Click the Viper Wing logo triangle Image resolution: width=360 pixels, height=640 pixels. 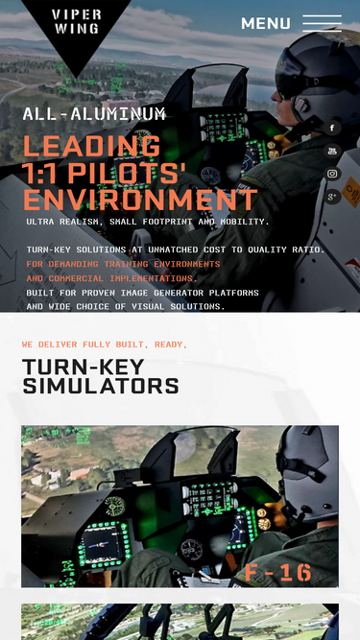[x=76, y=29]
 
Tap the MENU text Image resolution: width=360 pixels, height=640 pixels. [x=266, y=23]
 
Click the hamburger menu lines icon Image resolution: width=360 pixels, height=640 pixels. [x=322, y=23]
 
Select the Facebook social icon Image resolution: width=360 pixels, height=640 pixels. [x=332, y=129]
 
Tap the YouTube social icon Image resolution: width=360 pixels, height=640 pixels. [x=332, y=151]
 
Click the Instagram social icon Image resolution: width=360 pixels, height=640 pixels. [x=332, y=174]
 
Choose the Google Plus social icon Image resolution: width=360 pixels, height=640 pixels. [x=332, y=197]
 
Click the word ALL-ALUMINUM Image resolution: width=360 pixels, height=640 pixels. [x=94, y=114]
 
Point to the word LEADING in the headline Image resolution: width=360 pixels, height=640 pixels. [x=92, y=146]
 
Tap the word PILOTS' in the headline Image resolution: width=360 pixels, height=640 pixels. [x=127, y=173]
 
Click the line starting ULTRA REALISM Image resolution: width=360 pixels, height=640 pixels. [x=148, y=222]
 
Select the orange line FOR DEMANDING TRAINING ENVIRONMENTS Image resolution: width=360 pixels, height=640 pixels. [x=123, y=264]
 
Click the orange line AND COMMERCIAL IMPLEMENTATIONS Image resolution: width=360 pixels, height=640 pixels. [x=111, y=279]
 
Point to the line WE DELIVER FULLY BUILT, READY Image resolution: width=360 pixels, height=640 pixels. [x=105, y=344]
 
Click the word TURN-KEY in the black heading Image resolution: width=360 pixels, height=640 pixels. [x=84, y=367]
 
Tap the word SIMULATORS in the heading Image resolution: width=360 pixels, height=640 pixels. [x=101, y=386]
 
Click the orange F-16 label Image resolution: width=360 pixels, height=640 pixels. [x=278, y=572]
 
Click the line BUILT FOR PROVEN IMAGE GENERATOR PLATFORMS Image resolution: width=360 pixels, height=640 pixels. [x=142, y=293]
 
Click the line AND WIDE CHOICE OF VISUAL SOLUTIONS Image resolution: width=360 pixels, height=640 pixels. [x=126, y=306]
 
